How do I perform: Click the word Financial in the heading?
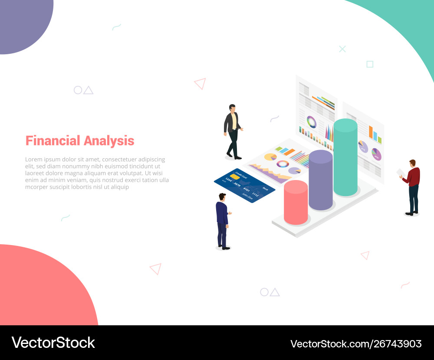(x=53, y=141)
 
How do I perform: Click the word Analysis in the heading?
(x=109, y=141)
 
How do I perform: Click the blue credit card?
(x=244, y=185)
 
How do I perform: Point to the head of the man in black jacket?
(x=232, y=108)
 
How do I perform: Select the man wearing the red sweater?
(x=413, y=187)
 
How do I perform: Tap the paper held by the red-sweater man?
(x=401, y=173)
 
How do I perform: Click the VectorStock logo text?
(x=53, y=343)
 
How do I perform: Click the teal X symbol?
(x=342, y=49)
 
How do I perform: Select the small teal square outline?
(x=370, y=64)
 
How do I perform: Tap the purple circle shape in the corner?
(x=22, y=22)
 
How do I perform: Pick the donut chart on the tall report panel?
(x=312, y=122)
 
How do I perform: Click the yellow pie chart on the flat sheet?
(x=270, y=157)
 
